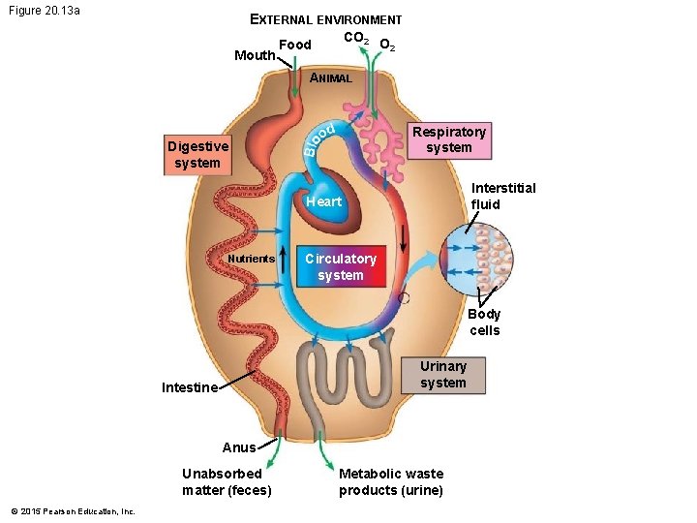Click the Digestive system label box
click(197, 155)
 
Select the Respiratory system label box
click(448, 139)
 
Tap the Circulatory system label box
click(340, 266)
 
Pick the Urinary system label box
click(442, 374)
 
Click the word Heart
click(323, 201)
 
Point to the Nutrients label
click(251, 259)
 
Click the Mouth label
click(255, 55)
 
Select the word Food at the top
click(294, 45)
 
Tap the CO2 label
click(354, 39)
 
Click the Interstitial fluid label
click(502, 196)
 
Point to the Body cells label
click(484, 322)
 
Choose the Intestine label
click(190, 387)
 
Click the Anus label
click(239, 447)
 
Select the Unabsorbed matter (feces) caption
click(227, 481)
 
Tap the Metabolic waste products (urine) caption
click(391, 481)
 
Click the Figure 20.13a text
click(45, 11)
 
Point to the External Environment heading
click(325, 19)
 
